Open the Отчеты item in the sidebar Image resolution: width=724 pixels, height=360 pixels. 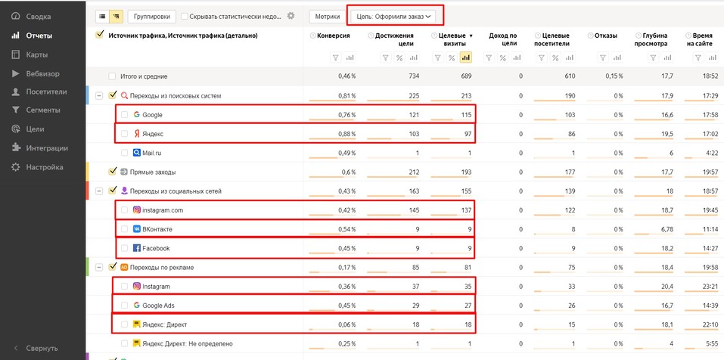coord(39,36)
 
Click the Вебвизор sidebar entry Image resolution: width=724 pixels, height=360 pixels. coord(42,73)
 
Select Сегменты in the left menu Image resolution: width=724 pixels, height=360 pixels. coord(42,110)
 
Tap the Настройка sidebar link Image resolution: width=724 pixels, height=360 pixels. coord(44,167)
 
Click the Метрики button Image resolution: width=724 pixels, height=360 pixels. coord(327,15)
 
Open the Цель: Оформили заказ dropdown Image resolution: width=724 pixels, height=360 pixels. coord(395,15)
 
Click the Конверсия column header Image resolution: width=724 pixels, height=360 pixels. coord(334,36)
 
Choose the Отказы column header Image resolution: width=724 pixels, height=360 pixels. coord(606,36)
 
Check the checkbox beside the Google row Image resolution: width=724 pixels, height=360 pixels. coord(125,115)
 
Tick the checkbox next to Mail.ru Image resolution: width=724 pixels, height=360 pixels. coord(125,153)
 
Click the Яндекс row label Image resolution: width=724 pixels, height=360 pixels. coord(153,134)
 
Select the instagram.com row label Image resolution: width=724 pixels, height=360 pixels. coord(163,210)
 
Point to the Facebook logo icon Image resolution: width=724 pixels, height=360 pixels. coord(137,248)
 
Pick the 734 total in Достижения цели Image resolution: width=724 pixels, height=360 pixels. coord(408,76)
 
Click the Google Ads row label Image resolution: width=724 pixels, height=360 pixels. coord(159,306)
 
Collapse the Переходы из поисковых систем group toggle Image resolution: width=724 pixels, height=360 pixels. coord(99,96)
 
